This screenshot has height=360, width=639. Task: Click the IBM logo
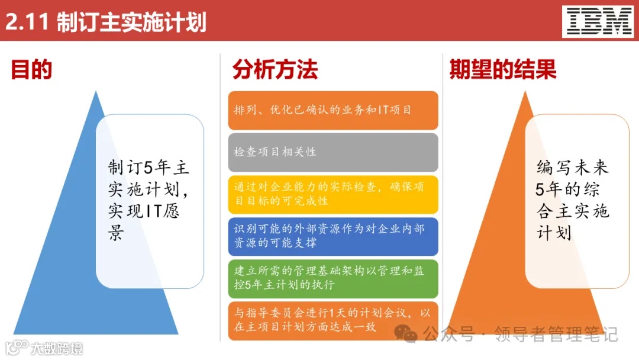599,21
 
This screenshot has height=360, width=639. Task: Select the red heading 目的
31,70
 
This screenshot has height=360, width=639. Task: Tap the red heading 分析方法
275,70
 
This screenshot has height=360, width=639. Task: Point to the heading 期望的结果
503,70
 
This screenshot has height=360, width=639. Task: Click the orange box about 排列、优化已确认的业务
333,110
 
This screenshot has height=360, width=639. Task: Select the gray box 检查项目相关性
333,152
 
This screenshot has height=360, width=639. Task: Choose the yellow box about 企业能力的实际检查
333,194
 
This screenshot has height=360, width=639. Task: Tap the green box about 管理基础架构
333,278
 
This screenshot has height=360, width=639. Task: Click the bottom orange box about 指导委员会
333,320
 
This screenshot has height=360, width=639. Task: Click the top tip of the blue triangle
95,93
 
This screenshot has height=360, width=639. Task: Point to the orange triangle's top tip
524,93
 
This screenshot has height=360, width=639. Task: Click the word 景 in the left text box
115,233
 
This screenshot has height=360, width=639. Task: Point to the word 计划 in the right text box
554,233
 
